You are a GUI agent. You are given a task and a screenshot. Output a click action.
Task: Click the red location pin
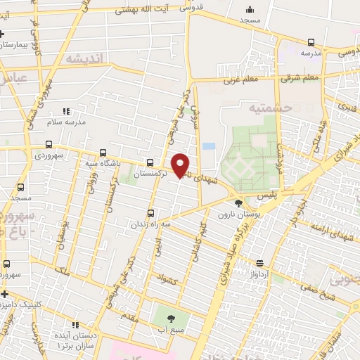point(180,165)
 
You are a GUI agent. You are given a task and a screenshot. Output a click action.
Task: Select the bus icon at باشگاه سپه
point(104,153)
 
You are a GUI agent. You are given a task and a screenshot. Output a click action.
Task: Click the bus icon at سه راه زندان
point(150,214)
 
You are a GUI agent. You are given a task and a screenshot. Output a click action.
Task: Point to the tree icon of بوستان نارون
point(238,203)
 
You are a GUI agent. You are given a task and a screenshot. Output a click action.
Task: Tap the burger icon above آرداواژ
point(259,262)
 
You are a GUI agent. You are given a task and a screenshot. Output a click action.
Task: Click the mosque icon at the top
point(250,10)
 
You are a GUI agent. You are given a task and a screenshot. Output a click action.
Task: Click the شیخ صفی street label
point(314,286)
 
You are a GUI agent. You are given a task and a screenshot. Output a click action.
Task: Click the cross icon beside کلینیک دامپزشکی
point(4,293)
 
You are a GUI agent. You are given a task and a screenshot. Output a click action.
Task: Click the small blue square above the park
point(207,146)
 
